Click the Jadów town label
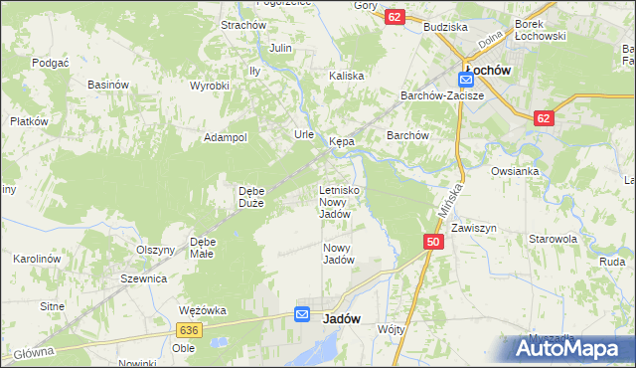(x=342, y=318)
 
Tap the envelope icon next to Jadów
(x=303, y=315)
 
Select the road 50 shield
(x=432, y=242)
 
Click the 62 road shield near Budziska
(x=396, y=18)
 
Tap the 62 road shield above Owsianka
(x=543, y=118)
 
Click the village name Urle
(x=304, y=134)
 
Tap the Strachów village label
(x=242, y=25)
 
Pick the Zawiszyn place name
(x=473, y=228)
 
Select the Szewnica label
(x=143, y=279)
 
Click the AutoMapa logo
(x=568, y=347)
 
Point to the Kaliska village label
(x=348, y=76)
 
